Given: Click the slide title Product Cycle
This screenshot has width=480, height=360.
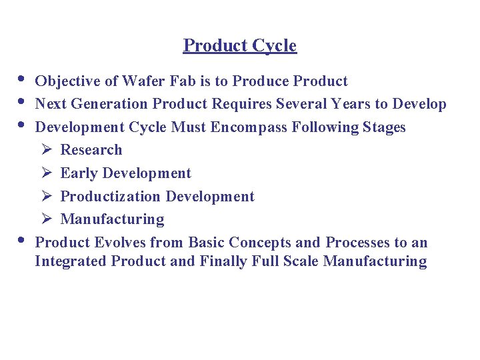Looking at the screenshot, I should point(240,45).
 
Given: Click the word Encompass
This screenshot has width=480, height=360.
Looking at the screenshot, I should point(249,127).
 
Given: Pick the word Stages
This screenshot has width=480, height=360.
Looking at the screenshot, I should point(384,127).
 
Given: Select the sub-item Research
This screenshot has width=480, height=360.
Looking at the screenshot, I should point(91,150).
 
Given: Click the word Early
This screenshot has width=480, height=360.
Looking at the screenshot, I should point(77,173).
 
